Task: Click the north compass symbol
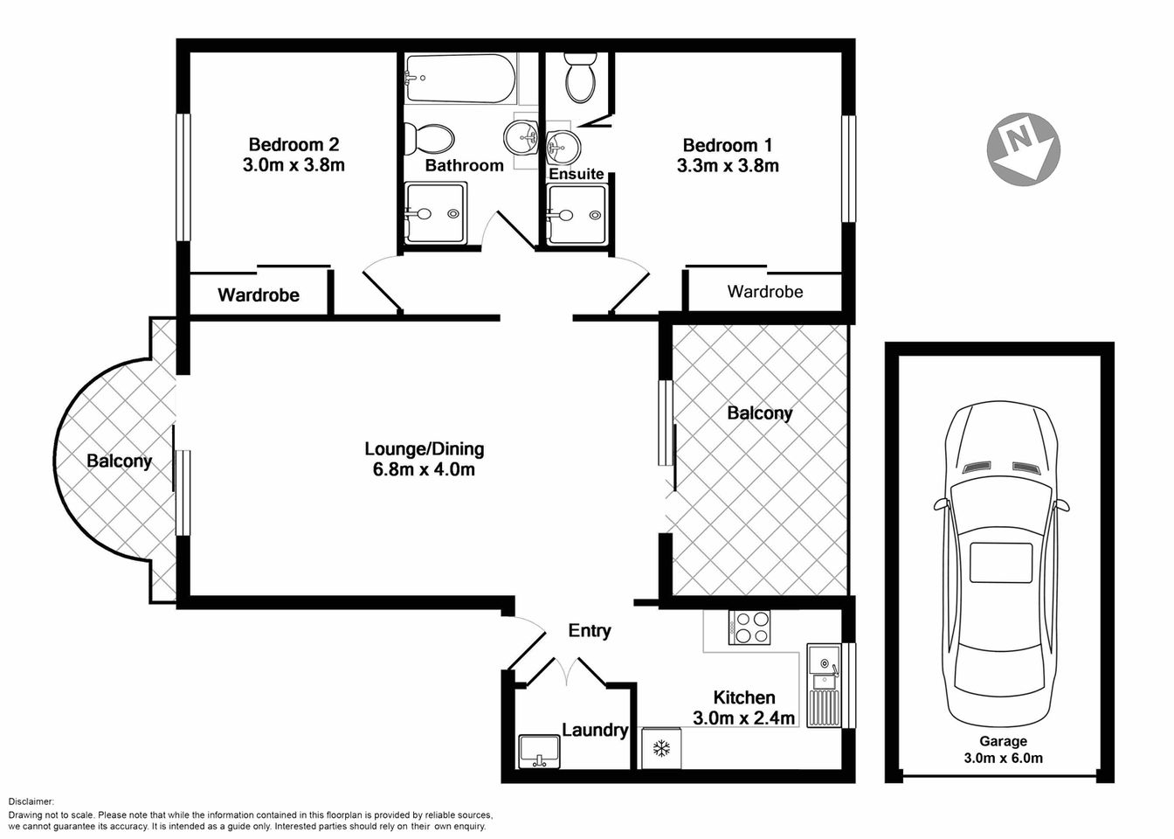[1023, 149]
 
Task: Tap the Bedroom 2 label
[293, 145]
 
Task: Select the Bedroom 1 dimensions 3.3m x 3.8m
[728, 165]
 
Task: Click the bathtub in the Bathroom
[459, 79]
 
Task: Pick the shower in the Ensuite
[576, 214]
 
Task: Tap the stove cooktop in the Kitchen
[750, 627]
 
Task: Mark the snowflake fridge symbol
[661, 749]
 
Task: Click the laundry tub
[538, 750]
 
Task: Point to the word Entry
[590, 631]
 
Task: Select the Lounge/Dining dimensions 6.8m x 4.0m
[424, 470]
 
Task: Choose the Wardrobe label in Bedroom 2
[259, 295]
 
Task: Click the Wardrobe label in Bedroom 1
[764, 292]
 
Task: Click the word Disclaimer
[31, 801]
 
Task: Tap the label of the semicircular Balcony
[119, 461]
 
